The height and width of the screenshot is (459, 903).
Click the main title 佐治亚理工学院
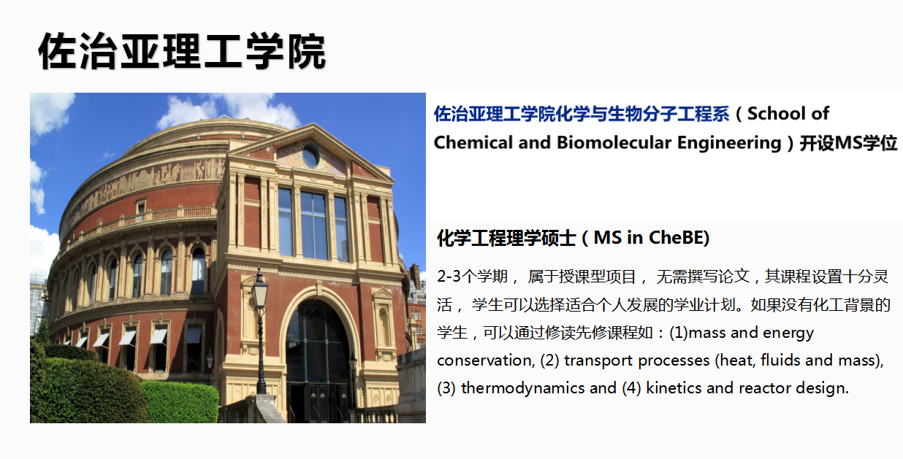[x=182, y=52]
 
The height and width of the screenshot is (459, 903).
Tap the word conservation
[x=486, y=360]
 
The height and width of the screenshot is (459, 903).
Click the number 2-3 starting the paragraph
[x=449, y=277]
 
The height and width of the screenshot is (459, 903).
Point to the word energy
[x=788, y=333]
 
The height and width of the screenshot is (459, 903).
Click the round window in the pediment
[x=310, y=156]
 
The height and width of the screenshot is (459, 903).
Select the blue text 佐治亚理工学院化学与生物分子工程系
[x=582, y=114]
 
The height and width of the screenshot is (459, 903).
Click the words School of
[x=788, y=114]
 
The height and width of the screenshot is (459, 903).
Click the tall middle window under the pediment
[x=313, y=225]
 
